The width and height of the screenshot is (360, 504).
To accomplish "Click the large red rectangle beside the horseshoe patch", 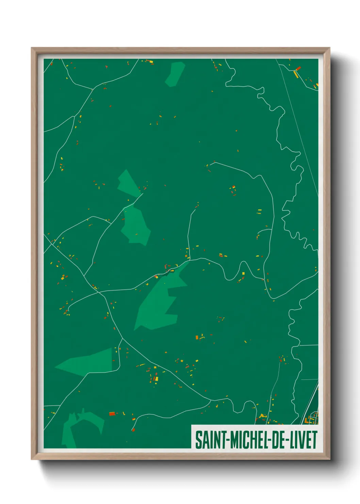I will point(112,414).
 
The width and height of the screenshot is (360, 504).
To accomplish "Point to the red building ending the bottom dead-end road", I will point(133,430).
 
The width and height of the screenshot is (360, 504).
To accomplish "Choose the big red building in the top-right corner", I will point(298,68).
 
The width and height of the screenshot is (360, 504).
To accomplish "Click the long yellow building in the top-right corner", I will point(295,74).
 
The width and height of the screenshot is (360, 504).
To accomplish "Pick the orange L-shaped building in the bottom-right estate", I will point(307,421).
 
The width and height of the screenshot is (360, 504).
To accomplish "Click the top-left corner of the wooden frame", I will point(32,48).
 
